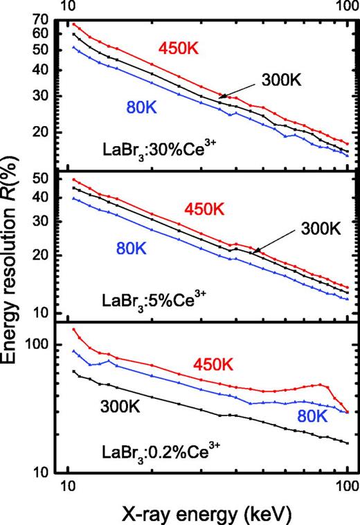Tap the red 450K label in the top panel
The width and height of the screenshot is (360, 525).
click(182, 48)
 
